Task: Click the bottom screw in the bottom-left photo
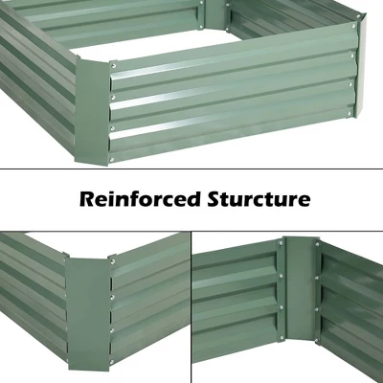pos(112,331)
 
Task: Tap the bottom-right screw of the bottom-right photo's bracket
pos(317,335)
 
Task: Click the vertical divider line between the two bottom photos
pos(192,306)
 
